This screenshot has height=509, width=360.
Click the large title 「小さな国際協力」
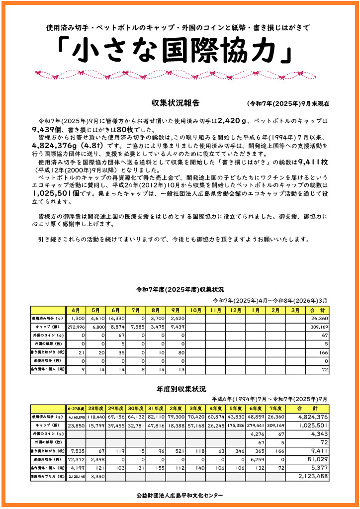point(174,51)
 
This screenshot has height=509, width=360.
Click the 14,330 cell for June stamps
point(116,318)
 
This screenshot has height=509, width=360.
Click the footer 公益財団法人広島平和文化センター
point(180,495)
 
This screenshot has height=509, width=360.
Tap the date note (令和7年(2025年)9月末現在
point(287,104)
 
